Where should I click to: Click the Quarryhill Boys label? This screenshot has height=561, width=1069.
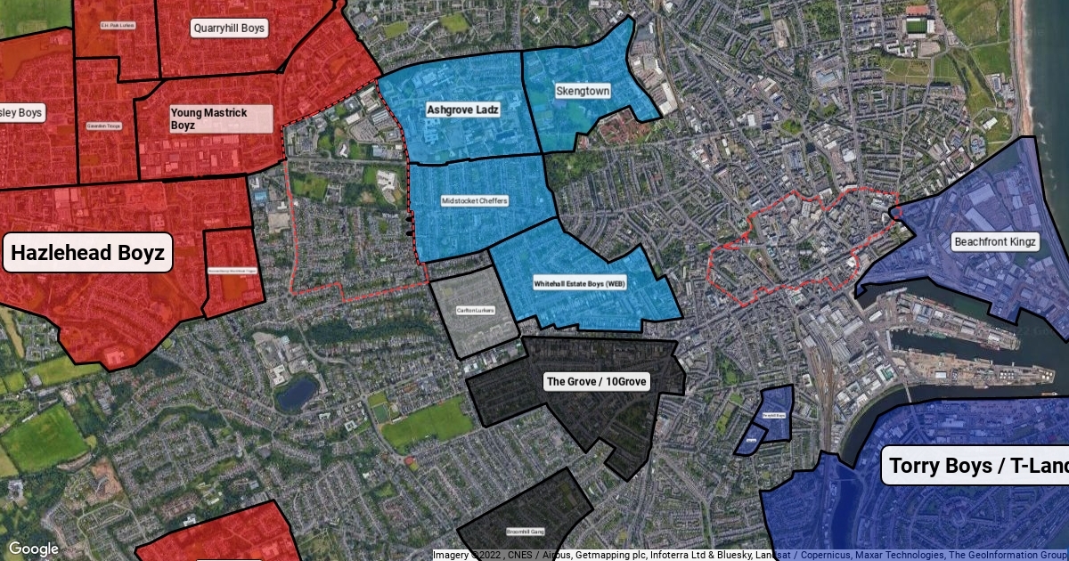click(229, 28)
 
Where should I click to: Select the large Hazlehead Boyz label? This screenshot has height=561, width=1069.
click(87, 254)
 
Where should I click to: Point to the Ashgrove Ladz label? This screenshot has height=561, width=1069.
click(462, 110)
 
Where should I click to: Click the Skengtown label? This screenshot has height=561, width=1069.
click(583, 91)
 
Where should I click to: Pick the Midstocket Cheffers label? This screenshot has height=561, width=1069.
click(475, 201)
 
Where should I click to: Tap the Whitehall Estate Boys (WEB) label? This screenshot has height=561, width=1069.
click(580, 284)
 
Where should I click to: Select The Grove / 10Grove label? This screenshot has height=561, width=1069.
click(597, 381)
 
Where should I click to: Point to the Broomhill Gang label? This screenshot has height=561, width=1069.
click(525, 532)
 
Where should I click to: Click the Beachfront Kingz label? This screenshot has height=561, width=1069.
click(996, 241)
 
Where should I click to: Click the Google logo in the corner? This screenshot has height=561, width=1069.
click(34, 549)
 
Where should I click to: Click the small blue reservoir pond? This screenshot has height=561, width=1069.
click(297, 392)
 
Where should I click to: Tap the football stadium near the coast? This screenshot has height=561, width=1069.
click(917, 21)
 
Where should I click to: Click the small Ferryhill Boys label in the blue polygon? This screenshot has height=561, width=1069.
click(773, 415)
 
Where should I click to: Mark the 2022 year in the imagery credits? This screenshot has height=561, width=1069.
click(492, 555)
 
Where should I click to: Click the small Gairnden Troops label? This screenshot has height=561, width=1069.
click(103, 126)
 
